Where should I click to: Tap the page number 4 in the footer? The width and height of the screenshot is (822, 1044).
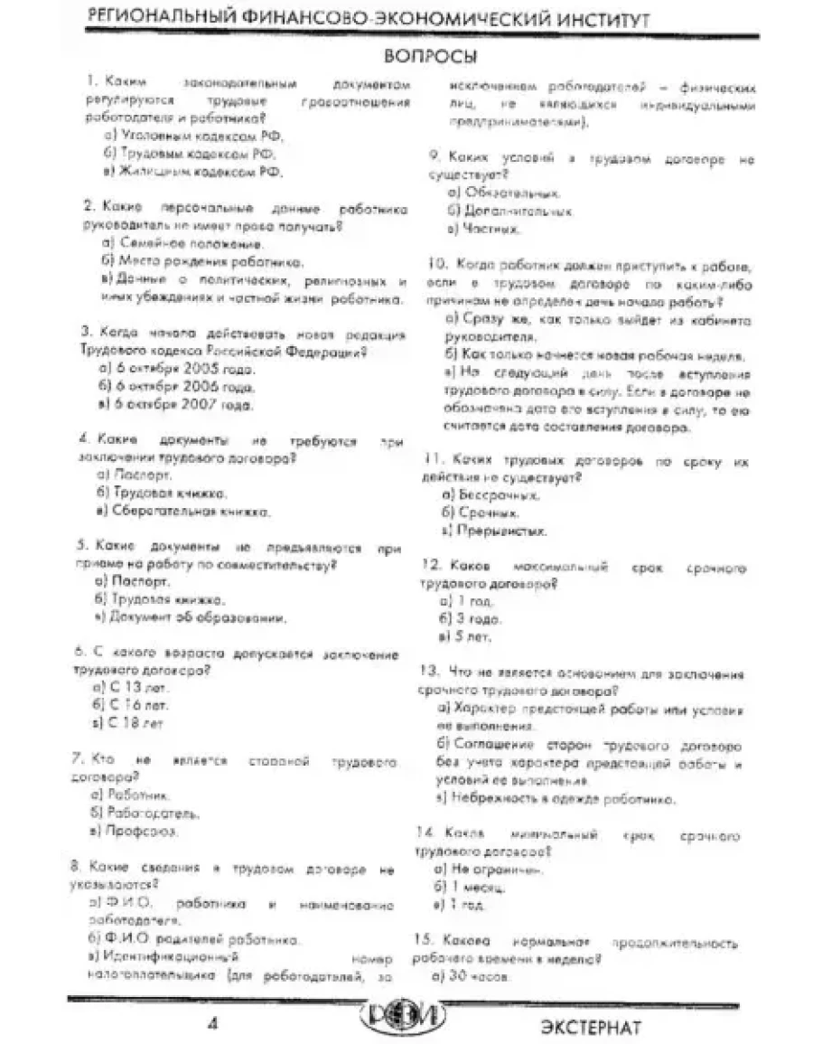point(214,1023)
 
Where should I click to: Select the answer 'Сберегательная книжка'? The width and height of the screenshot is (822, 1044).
point(186,511)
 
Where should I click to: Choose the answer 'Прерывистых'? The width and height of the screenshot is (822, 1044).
point(492,530)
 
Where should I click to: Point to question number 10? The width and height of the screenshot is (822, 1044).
point(437,266)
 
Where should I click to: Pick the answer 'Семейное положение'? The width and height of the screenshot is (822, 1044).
point(185,243)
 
